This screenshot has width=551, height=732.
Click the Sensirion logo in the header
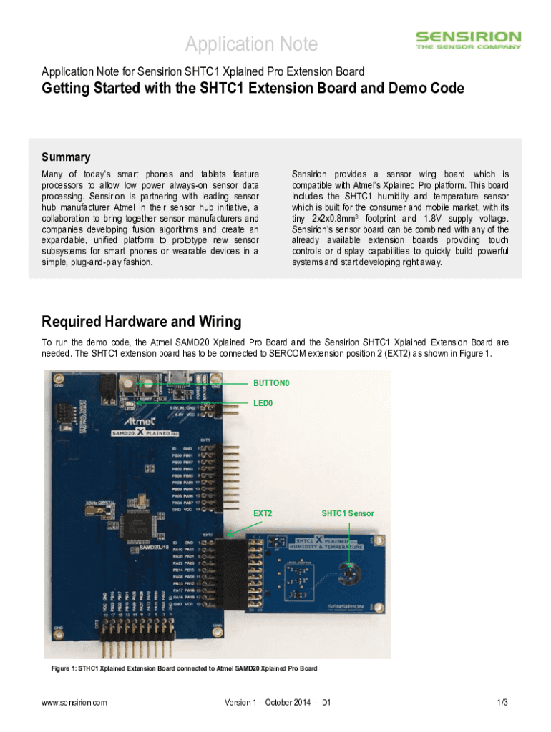click(x=469, y=40)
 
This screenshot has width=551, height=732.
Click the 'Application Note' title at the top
click(x=251, y=44)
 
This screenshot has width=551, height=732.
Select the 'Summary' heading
click(x=66, y=157)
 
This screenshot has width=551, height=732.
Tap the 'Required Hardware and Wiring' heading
click(x=142, y=321)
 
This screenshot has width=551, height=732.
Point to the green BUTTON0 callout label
click(x=271, y=383)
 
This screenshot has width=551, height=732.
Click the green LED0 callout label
click(x=263, y=403)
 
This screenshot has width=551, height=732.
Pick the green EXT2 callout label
click(x=263, y=513)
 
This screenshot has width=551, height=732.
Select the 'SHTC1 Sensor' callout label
click(x=347, y=513)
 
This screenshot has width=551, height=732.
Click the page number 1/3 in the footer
click(x=502, y=703)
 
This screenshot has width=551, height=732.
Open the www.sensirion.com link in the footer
click(x=74, y=703)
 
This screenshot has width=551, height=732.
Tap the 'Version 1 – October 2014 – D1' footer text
click(x=277, y=703)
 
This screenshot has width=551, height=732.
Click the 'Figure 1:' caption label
click(x=67, y=668)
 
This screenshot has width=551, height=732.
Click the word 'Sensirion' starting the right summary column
click(x=309, y=174)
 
